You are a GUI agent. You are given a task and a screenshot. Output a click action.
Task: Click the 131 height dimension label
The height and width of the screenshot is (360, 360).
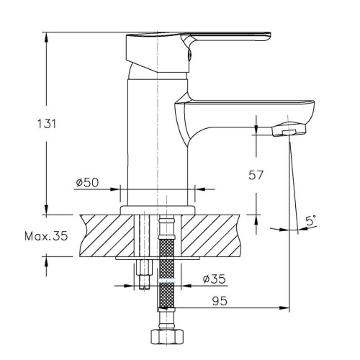[x=47, y=124]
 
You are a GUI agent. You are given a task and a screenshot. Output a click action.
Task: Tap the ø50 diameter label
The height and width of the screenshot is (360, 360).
[x=87, y=183]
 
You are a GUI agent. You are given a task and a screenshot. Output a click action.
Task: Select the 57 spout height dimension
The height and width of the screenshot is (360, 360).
[x=256, y=175]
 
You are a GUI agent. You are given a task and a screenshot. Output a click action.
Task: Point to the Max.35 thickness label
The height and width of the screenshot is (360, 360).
[x=46, y=236]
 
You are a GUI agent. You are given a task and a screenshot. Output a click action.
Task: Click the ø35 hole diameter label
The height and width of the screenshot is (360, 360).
[x=215, y=279]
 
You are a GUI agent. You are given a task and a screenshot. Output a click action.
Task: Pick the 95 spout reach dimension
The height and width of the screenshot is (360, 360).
[x=220, y=301]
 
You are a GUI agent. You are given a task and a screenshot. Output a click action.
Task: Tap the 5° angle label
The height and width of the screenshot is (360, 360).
[x=311, y=220]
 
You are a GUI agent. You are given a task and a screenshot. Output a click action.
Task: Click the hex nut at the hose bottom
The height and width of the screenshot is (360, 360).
[x=167, y=337]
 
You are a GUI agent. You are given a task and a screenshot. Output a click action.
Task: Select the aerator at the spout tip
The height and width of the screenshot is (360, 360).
[x=289, y=130]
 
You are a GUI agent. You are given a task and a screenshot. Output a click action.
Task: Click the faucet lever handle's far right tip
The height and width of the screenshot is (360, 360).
[x=271, y=35]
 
